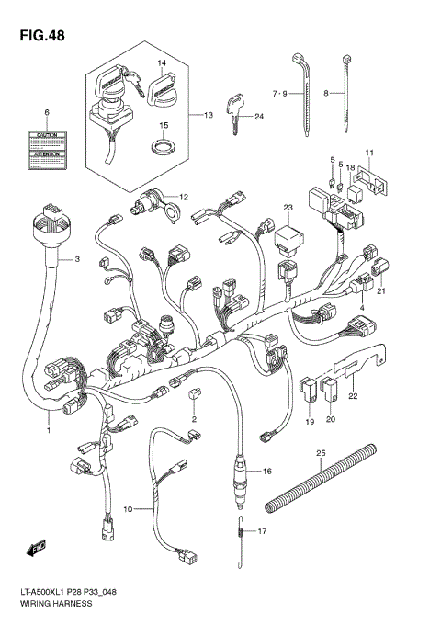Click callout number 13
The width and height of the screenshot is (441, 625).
tap(208, 116)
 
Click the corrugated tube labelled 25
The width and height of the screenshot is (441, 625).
tap(320, 487)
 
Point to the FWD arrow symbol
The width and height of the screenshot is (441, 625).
tap(37, 551)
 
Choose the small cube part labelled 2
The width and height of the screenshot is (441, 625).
tap(194, 395)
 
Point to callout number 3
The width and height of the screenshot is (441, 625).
tap(77, 260)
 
